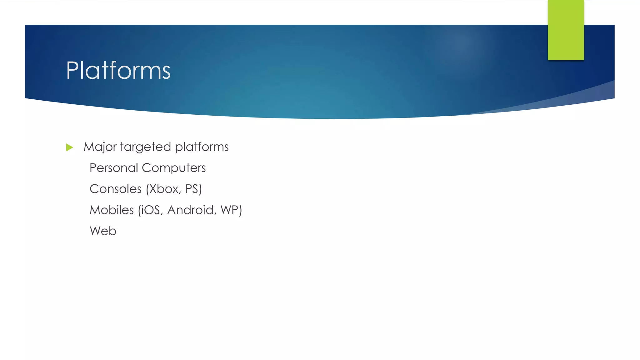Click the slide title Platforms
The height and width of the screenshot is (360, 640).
[118, 71]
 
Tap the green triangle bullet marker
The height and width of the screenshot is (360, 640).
[69, 147]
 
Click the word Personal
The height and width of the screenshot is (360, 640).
[114, 168]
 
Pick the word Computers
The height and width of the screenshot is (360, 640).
[174, 168]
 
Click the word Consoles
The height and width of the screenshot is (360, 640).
[116, 189]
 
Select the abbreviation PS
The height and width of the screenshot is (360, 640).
[192, 189]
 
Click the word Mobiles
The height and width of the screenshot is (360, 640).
[112, 210]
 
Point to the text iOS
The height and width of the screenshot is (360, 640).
[152, 210]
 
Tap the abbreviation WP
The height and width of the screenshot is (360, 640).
[229, 210]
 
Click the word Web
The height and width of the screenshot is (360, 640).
[103, 231]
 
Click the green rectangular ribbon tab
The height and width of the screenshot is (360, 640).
[566, 30]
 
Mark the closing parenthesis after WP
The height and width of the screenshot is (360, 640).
[240, 210]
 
